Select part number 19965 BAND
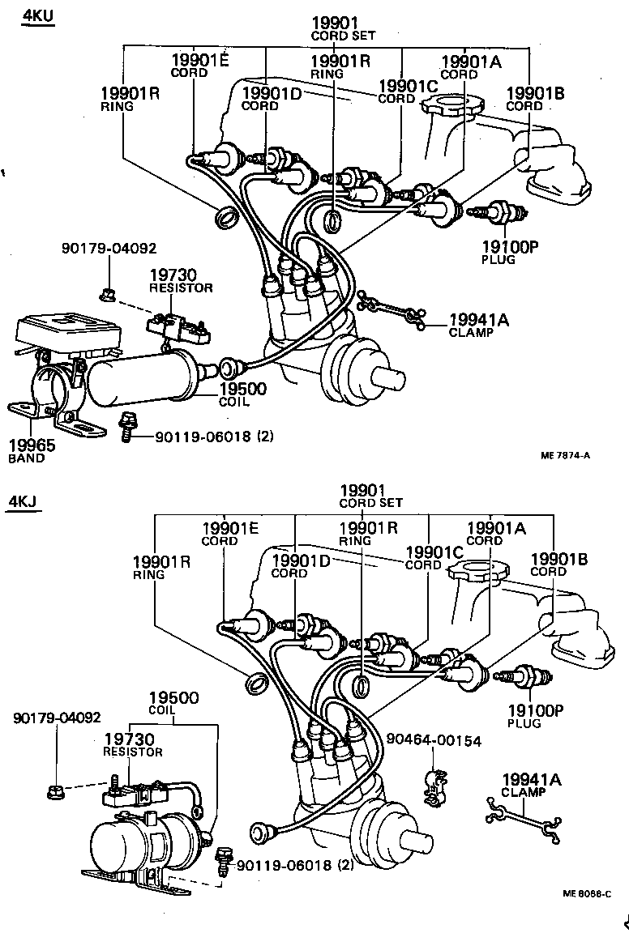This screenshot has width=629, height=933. (27, 450)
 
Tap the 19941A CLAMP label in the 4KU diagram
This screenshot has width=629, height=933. (479, 325)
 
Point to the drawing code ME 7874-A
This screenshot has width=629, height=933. (565, 455)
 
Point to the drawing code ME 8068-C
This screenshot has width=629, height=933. (587, 893)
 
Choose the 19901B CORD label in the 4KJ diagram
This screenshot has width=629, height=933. (558, 564)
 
